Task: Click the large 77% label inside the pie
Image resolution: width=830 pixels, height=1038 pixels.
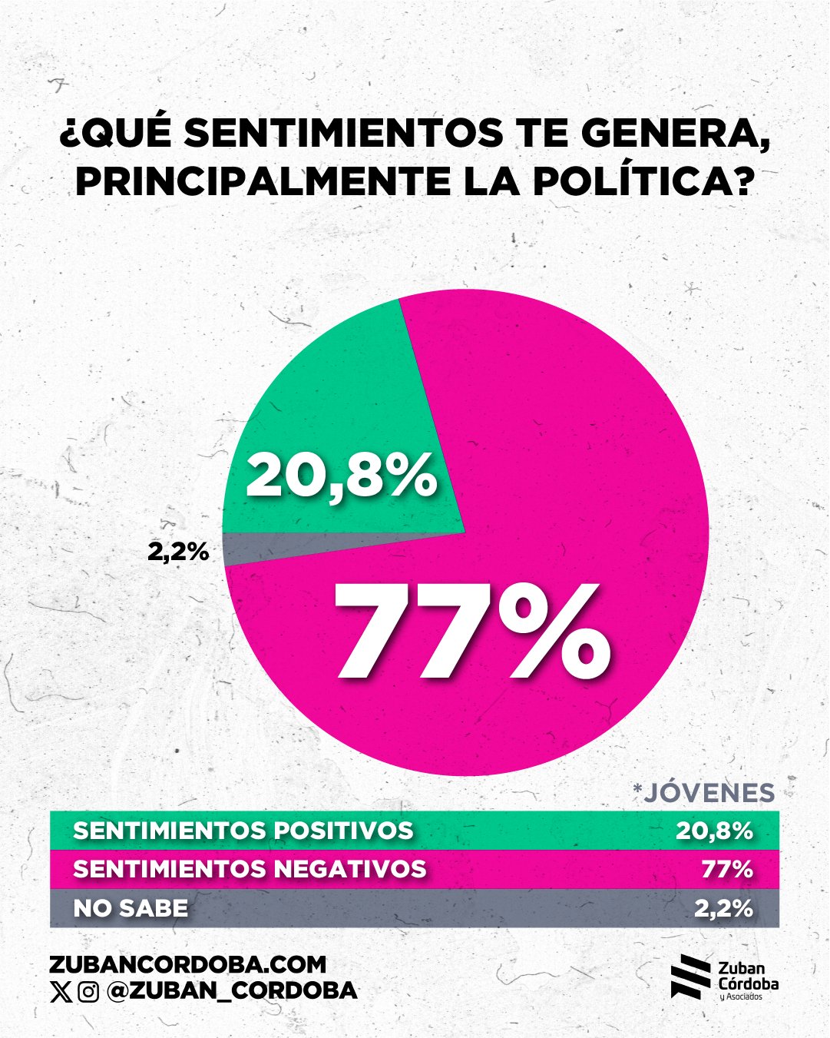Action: coord(471,632)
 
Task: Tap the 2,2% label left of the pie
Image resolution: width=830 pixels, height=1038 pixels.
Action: coord(178,551)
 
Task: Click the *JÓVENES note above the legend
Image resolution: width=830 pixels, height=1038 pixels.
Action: coord(703,792)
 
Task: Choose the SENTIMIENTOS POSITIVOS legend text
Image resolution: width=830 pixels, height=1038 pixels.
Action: coord(243,831)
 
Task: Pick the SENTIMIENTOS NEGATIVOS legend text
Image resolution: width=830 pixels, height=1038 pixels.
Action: coord(250,869)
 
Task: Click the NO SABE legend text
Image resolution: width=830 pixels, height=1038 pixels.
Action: coord(131,908)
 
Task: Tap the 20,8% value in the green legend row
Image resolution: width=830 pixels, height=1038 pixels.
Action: coord(714,831)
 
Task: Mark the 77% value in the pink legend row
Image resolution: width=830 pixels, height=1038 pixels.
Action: coord(726,869)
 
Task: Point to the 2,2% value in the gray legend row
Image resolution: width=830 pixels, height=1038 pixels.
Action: coord(723,908)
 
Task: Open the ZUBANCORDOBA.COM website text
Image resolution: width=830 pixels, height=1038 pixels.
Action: coord(187,964)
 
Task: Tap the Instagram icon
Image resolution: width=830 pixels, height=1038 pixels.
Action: coord(88,992)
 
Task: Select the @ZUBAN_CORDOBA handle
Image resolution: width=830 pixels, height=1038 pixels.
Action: coord(232,991)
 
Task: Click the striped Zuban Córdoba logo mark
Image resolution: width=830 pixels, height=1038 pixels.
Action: coord(690,977)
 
